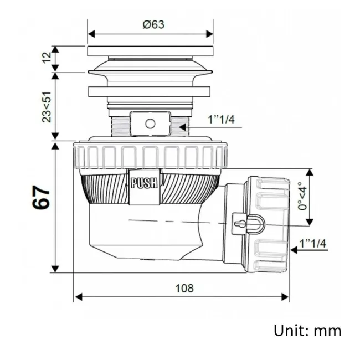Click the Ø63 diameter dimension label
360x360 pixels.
click(x=153, y=24)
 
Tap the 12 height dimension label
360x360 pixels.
click(x=47, y=58)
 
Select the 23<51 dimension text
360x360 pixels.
click(x=47, y=107)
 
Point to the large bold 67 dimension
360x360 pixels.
click(x=41, y=197)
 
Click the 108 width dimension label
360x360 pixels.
click(x=184, y=288)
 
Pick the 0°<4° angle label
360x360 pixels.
click(x=302, y=196)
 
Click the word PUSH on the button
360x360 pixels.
click(x=145, y=183)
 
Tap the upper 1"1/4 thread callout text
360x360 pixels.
click(x=222, y=120)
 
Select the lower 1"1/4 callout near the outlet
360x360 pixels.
click(x=313, y=243)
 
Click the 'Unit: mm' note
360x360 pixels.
click(x=307, y=331)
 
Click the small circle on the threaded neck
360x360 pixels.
click(x=151, y=124)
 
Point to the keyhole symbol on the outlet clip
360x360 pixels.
click(x=239, y=223)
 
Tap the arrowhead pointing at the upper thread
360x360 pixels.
click(x=183, y=127)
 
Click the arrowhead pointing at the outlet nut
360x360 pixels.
click(x=294, y=250)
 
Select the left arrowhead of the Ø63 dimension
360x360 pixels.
click(x=91, y=34)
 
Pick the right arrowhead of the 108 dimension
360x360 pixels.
click(x=285, y=297)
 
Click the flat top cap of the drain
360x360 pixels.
click(x=151, y=51)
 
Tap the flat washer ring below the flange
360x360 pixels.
click(x=149, y=91)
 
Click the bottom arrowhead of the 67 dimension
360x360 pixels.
click(x=55, y=269)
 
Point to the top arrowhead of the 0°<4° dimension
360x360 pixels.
click(x=310, y=172)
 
